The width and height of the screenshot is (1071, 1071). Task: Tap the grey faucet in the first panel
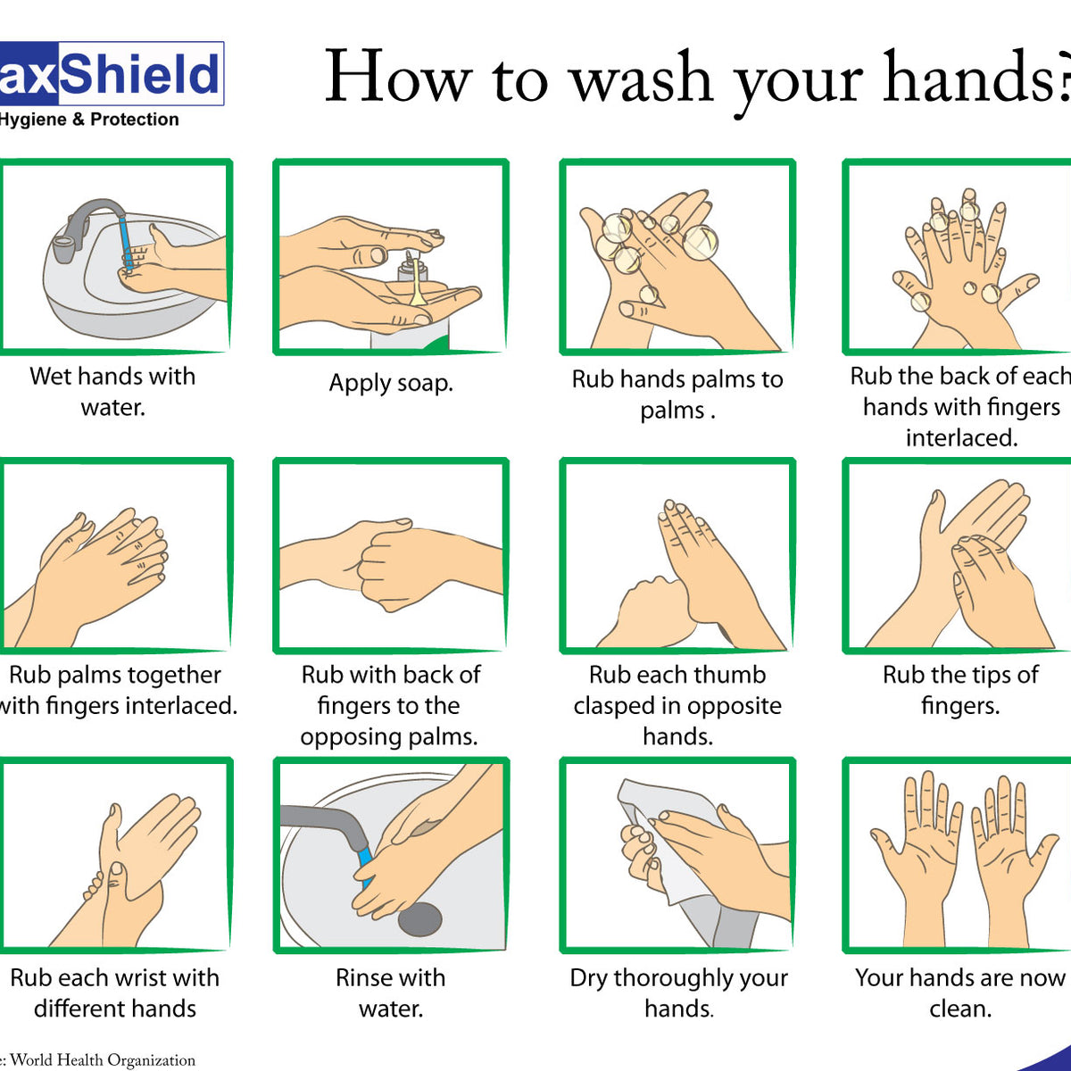coord(86,222)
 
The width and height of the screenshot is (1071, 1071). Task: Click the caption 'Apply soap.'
coord(391,383)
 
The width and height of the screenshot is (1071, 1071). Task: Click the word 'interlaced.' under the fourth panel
coord(961,437)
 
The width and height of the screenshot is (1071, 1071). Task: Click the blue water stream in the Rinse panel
coord(365,862)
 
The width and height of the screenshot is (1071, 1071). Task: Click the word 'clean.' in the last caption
coord(960,1009)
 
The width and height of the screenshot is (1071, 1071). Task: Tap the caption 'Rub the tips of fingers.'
coord(960,690)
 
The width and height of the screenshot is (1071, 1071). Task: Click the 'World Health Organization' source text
coord(103,1059)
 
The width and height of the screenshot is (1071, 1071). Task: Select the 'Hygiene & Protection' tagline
coord(89,120)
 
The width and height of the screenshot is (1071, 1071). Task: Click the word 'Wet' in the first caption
coord(50,376)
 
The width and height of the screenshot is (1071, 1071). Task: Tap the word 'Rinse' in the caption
coord(367,977)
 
